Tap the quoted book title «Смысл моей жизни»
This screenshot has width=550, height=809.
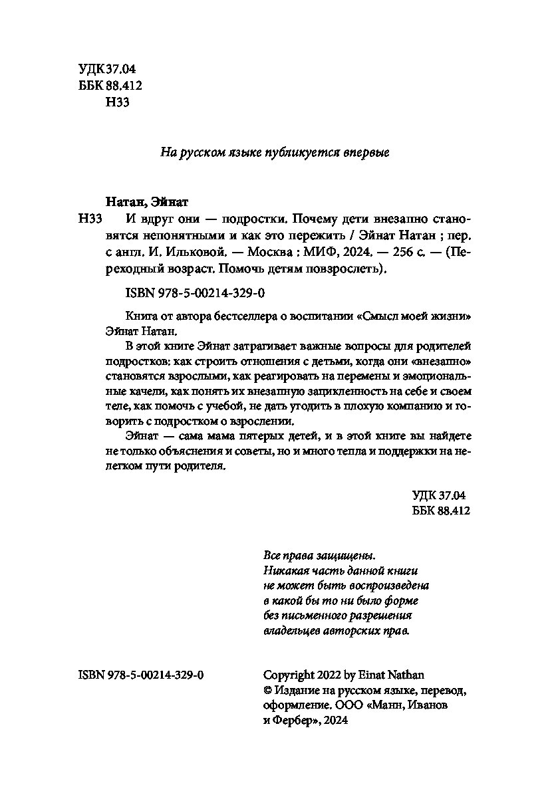coord(420,316)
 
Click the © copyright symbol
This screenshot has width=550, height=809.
coord(269,690)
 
